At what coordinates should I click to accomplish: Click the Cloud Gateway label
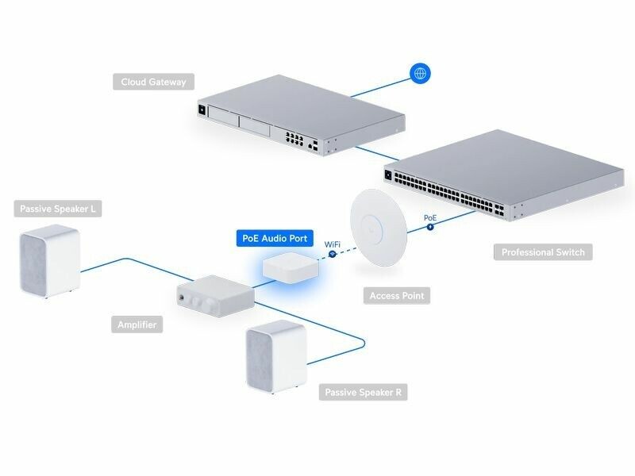tap(153, 82)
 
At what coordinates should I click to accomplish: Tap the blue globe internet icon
tap(421, 74)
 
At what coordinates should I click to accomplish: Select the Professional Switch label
tap(543, 252)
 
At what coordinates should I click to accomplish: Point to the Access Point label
tap(396, 296)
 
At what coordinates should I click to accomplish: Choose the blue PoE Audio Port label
tap(277, 238)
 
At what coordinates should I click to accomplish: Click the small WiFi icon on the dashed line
tap(332, 253)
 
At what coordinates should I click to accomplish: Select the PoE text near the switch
tap(430, 217)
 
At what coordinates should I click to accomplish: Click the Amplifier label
tap(136, 324)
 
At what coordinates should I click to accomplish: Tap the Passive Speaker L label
tap(58, 209)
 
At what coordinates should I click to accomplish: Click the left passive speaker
tap(50, 262)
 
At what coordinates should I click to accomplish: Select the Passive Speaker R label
tap(364, 392)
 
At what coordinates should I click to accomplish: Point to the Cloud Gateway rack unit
tap(294, 119)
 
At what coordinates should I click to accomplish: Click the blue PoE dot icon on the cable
tap(430, 226)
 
